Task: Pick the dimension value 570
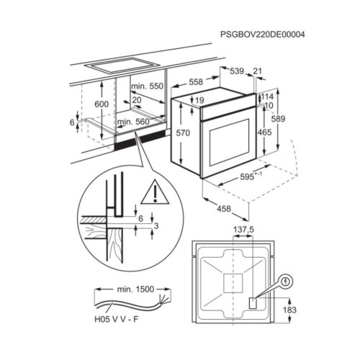click(x=184, y=133)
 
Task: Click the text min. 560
click(x=133, y=122)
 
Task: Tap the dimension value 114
click(x=267, y=96)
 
